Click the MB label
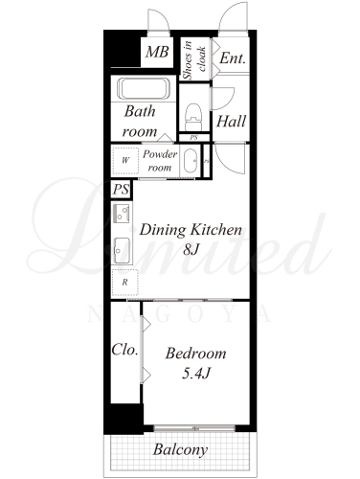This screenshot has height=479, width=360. coord(157,52)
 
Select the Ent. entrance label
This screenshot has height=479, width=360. coord(233,58)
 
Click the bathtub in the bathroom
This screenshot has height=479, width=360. coord(143,88)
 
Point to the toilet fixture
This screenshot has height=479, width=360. coord(193,116)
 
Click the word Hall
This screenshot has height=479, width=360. coord(231,121)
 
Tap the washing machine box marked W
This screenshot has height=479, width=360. coord(125,160)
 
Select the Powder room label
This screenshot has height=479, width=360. coord(160,160)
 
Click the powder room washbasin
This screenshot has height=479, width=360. coord(191,161)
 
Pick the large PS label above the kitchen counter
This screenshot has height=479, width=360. coord(121,189)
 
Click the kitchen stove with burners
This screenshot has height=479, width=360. coord(122,214)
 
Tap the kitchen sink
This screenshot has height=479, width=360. coord(122,251)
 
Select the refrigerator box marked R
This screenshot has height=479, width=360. coord(125,282)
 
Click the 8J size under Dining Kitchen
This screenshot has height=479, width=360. coord(191,249)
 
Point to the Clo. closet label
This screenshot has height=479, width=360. coord(124,350)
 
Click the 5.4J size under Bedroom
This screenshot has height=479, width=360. coord(195,374)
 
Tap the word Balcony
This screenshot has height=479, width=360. coord(180,450)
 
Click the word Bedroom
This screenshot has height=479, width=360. coord(195,354)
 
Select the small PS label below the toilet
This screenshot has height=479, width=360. coord(193,138)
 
